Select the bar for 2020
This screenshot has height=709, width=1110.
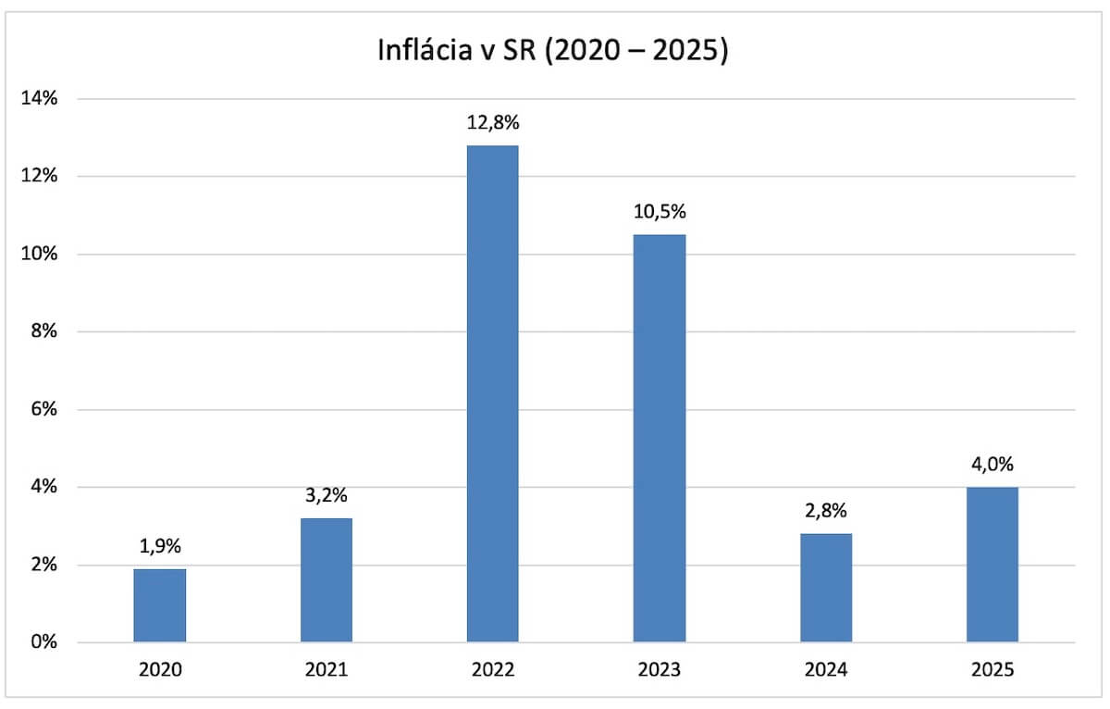click(x=160, y=605)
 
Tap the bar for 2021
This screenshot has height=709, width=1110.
click(x=327, y=580)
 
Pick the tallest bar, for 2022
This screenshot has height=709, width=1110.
click(x=493, y=393)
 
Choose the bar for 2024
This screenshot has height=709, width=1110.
click(x=826, y=588)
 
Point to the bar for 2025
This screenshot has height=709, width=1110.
click(x=993, y=565)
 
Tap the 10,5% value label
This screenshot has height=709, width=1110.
click(x=660, y=213)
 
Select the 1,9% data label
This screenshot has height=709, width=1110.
click(x=160, y=547)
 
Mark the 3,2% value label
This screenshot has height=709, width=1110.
click(x=327, y=496)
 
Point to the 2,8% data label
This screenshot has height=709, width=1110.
click(x=826, y=512)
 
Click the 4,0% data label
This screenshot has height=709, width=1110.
click(x=993, y=465)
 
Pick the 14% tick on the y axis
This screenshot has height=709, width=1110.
click(x=40, y=99)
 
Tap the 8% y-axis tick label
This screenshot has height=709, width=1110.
click(x=44, y=331)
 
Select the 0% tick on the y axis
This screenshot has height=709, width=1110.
click(x=44, y=642)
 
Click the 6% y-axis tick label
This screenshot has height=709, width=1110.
click(x=44, y=409)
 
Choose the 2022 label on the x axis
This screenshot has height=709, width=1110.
click(x=493, y=669)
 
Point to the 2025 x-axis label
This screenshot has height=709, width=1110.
click(x=993, y=669)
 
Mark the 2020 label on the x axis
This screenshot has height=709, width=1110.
click(x=160, y=669)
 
